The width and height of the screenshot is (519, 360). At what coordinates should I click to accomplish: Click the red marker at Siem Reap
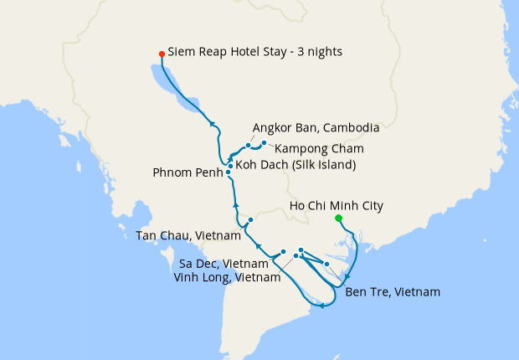click(162, 54)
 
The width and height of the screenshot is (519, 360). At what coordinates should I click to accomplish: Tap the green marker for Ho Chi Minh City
click(338, 219)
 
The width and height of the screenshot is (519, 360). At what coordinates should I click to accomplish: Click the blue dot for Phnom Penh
click(228, 172)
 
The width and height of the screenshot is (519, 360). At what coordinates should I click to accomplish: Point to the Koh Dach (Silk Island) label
click(295, 165)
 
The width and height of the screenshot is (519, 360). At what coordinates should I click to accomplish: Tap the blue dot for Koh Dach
click(230, 166)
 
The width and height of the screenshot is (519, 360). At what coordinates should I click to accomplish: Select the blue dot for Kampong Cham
click(264, 143)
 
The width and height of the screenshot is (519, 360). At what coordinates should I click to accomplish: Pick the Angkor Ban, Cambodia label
click(316, 128)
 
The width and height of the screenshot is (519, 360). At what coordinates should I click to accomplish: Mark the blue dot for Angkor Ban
click(249, 146)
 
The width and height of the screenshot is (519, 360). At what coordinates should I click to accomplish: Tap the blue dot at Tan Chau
click(250, 219)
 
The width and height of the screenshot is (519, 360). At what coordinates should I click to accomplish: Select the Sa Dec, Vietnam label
click(224, 264)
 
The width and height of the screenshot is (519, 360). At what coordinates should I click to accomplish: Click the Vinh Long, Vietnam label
click(227, 277)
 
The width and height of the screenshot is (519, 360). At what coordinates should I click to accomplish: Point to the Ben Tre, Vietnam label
click(392, 292)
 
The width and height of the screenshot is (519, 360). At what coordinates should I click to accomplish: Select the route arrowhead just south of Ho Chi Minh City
click(349, 277)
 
